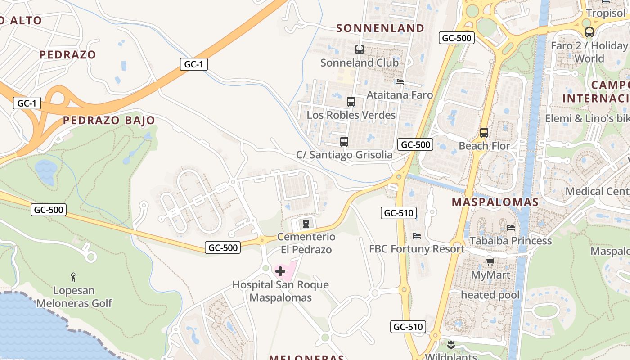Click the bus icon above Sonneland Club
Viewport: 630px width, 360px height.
click(359, 49)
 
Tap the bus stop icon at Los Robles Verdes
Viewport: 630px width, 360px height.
click(351, 102)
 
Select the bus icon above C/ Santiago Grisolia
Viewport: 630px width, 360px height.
click(344, 142)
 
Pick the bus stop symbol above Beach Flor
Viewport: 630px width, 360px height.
click(484, 133)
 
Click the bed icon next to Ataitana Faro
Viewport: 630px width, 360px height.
click(399, 82)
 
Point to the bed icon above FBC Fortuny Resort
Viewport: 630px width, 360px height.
click(417, 236)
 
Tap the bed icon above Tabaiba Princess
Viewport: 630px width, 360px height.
click(511, 227)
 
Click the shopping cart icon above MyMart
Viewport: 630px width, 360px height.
click(490, 261)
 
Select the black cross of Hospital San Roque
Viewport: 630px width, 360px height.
click(280, 271)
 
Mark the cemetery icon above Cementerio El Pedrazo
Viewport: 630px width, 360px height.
click(306, 223)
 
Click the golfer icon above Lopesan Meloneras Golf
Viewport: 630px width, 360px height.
click(74, 277)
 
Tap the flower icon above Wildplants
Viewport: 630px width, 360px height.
click(451, 345)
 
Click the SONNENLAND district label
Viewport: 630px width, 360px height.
click(380, 28)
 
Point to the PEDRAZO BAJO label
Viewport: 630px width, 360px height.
click(109, 120)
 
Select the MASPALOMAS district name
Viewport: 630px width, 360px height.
click(495, 202)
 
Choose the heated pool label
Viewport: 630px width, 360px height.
click(490, 295)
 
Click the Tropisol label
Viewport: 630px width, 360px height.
click(606, 13)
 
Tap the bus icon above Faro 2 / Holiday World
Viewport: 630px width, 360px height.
click(589, 32)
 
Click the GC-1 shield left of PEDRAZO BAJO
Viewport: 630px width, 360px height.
click(27, 103)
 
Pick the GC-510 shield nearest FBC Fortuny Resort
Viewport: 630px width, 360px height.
click(399, 213)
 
